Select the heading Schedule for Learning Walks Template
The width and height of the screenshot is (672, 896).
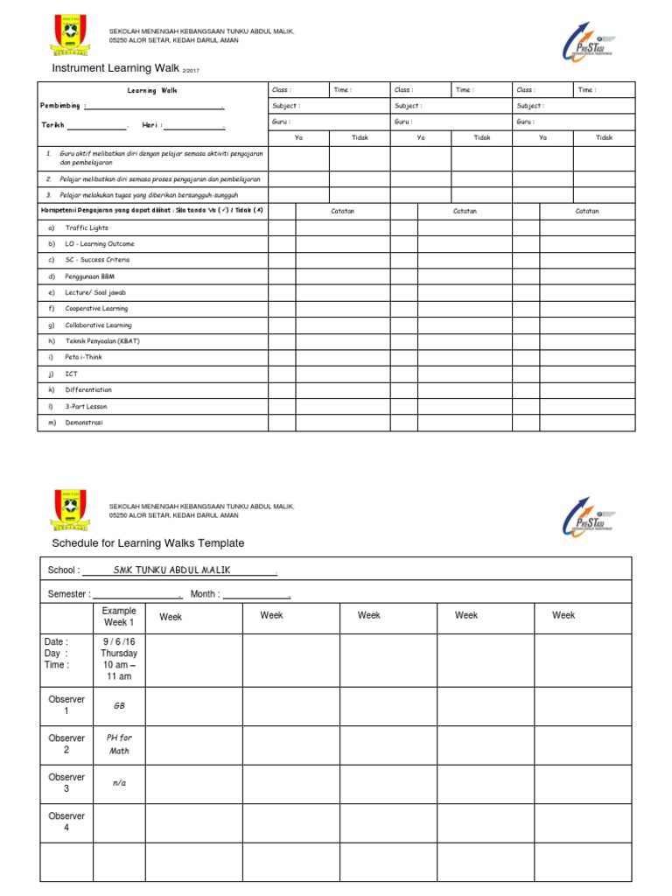[x=148, y=543]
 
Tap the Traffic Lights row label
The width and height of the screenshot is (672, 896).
[x=87, y=227]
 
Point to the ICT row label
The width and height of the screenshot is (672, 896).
[x=71, y=374]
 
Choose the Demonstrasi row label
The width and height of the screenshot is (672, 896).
[x=84, y=423]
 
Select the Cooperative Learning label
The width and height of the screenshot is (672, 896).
[x=96, y=309]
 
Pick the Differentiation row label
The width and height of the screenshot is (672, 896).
[x=88, y=390]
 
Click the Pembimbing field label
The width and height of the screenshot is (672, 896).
[x=63, y=107]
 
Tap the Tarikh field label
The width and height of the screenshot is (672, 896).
[x=52, y=125]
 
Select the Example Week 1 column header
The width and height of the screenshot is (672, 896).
[x=119, y=617]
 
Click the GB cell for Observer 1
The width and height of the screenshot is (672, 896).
[x=119, y=705]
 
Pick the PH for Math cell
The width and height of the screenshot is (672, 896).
[x=119, y=745]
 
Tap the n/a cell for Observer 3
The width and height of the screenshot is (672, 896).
[x=119, y=783]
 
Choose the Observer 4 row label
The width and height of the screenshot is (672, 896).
[x=66, y=822]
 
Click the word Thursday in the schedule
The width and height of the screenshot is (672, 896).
[x=119, y=653]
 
